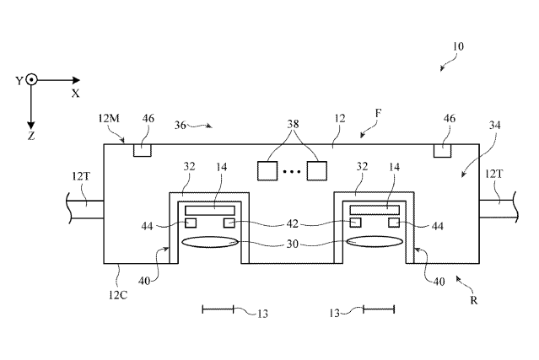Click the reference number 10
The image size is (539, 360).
coord(458,46)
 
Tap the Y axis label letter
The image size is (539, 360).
coord(19,81)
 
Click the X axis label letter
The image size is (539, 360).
coord(76,94)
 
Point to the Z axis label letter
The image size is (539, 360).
coord(31,137)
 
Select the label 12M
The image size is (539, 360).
coord(109,119)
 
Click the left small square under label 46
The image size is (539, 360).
coord(142,150)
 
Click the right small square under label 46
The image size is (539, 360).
coord(442,151)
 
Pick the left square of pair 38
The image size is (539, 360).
coord(267,170)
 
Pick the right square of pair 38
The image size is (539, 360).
coord(316,170)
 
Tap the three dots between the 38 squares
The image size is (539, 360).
coord(292,171)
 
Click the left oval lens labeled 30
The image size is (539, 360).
coord(210,242)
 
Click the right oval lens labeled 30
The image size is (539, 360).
coord(375,241)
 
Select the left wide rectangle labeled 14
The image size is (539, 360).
coord(210,210)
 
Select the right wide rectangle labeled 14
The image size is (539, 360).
coord(375,210)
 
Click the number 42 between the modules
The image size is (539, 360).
coord(292,224)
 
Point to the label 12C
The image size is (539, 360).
coord(118,295)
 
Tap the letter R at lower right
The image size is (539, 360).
coord(474,301)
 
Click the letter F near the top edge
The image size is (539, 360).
coord(378,113)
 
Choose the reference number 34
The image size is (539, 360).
coord(494,125)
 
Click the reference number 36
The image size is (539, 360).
coord(181,125)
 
